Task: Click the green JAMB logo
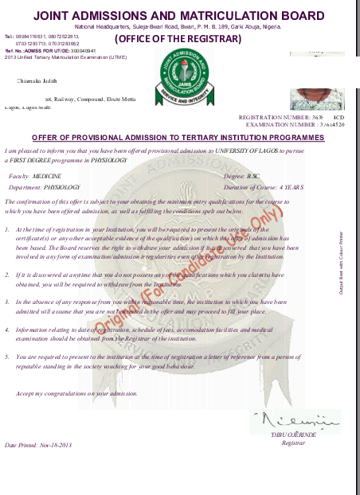pos(179,76)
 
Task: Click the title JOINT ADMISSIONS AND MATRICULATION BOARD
pos(179,15)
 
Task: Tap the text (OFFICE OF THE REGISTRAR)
pos(178,38)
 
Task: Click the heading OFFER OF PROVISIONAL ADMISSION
pos(178,138)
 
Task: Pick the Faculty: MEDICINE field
pos(35,174)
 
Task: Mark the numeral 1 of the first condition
pos(7,230)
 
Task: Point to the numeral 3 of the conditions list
pos(7,302)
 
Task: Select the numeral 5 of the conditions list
pos(7,357)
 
